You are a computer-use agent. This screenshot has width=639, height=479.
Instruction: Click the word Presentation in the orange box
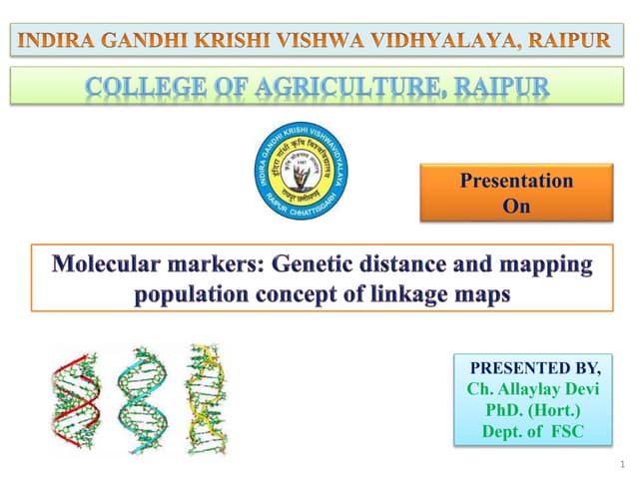516,181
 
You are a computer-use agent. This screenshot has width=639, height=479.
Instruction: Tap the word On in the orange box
516,207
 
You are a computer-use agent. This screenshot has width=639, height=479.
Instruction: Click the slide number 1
620,464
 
